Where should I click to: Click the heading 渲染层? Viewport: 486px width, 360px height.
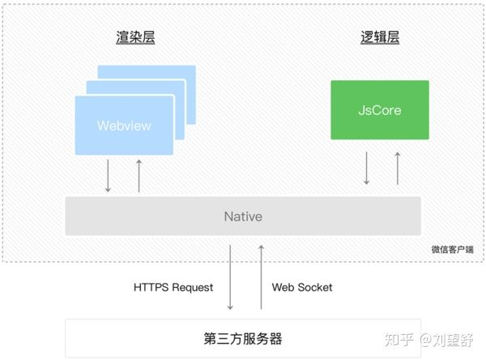point(135,37)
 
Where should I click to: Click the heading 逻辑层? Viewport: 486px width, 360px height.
point(380,37)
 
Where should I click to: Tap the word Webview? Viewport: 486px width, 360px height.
point(124,126)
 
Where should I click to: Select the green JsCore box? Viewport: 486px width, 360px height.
point(380,109)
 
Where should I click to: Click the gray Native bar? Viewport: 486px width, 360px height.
point(243,216)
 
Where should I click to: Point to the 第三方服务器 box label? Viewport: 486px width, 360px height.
point(243,338)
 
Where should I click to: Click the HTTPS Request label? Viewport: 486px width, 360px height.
point(173,287)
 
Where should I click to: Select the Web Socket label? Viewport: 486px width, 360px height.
point(302,287)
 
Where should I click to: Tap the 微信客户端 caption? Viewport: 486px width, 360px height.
point(453,249)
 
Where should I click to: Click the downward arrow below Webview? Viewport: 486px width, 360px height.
point(108,176)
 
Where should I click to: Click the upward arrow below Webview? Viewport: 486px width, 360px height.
point(139,176)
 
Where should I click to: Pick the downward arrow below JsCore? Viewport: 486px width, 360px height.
point(366,168)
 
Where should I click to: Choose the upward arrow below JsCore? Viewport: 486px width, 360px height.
point(398,168)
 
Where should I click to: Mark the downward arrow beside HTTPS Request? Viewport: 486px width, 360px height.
point(230,277)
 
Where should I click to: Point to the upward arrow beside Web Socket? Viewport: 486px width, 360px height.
point(262,277)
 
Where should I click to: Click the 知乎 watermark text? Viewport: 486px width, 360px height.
point(399,340)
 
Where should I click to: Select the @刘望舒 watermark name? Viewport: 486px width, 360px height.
point(446,340)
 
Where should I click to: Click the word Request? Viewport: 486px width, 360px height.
point(193,288)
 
